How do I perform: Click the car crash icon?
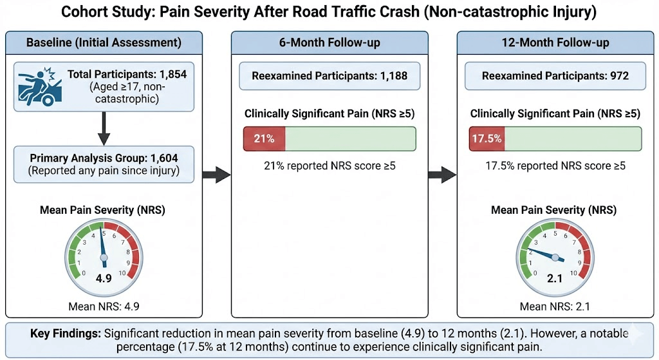click(39, 86)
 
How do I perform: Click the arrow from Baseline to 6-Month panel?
click(216, 173)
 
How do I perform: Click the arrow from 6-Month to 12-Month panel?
click(442, 173)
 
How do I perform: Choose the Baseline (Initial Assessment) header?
click(103, 43)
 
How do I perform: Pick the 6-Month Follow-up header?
click(329, 43)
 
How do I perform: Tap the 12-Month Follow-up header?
click(555, 43)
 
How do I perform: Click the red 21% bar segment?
click(264, 138)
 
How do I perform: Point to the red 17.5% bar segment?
click(487, 138)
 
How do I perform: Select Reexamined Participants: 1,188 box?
click(329, 76)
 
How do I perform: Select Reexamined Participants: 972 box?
click(555, 76)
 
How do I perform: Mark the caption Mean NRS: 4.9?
click(103, 306)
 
